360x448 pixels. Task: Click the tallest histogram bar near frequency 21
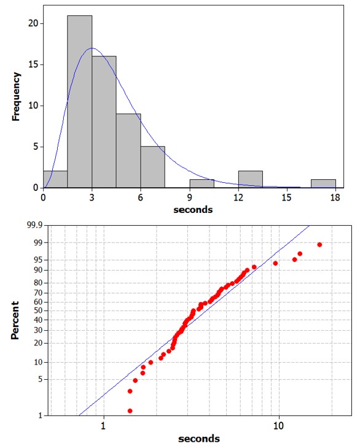tap(80, 101)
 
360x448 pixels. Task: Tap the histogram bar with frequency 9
tap(128, 150)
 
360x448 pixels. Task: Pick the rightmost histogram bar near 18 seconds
tap(323, 183)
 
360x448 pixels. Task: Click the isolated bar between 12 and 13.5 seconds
tap(251, 179)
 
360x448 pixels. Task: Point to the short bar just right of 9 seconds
tap(202, 183)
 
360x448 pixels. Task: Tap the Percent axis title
tap(17, 320)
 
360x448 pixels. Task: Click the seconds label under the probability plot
tap(199, 438)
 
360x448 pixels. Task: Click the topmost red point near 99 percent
tap(319, 244)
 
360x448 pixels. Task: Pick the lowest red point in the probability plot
tap(130, 411)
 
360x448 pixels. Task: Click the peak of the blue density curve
tap(92, 48)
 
